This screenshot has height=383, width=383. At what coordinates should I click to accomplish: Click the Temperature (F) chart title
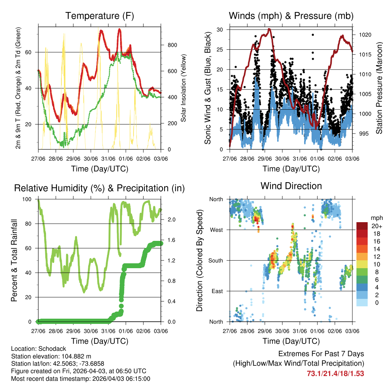(99, 16)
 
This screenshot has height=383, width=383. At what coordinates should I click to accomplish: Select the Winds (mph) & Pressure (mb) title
(291, 16)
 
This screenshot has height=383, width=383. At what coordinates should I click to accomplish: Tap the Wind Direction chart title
(291, 186)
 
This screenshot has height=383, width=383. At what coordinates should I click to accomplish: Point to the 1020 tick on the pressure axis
(364, 35)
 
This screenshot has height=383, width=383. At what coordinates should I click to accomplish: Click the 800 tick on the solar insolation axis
(172, 45)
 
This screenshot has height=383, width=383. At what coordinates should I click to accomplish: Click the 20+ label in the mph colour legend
(376, 226)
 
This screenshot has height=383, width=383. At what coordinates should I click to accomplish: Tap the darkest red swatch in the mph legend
(362, 226)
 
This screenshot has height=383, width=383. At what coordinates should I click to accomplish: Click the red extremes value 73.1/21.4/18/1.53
(335, 373)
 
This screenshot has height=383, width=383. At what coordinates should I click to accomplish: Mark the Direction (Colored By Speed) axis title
(200, 260)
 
